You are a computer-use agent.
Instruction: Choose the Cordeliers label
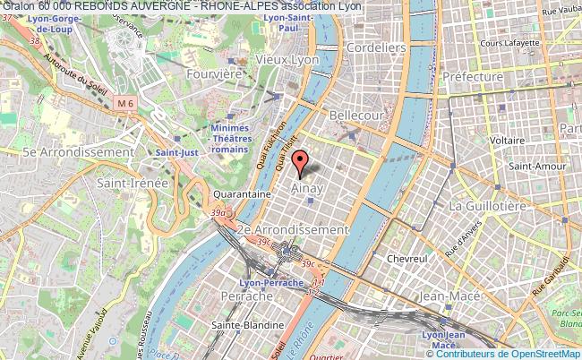click(376, 47)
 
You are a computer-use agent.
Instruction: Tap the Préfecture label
click(473, 77)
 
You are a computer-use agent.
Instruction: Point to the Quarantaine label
click(242, 193)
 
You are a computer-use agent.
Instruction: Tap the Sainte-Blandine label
click(246, 325)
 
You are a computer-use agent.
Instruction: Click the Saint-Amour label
click(535, 166)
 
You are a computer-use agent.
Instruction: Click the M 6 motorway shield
click(127, 105)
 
